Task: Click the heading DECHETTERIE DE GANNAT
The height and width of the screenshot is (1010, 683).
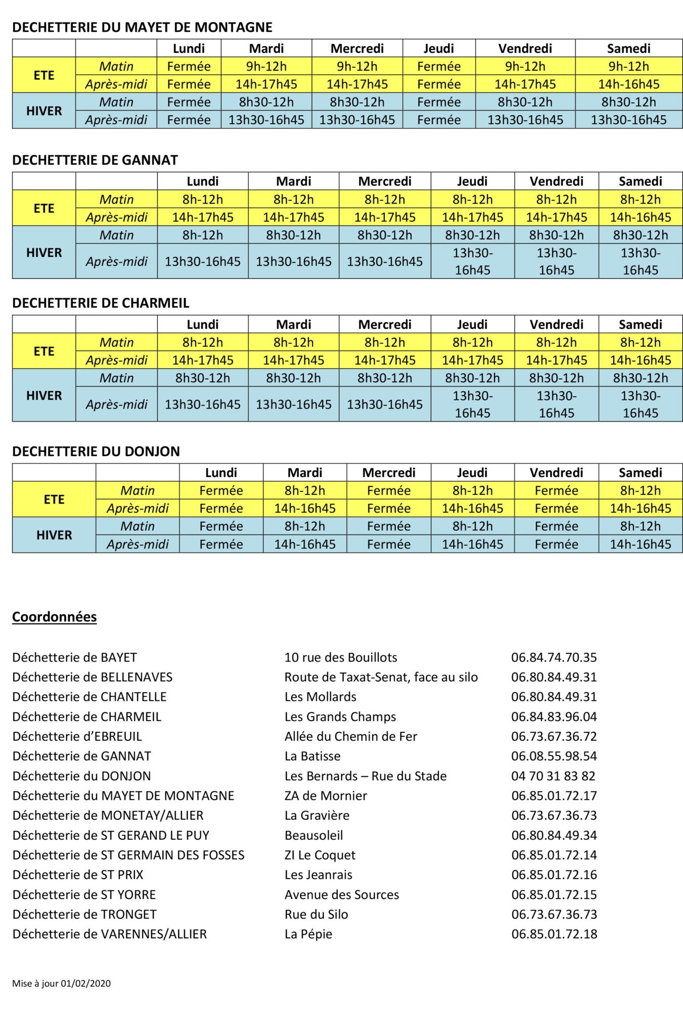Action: coord(95,161)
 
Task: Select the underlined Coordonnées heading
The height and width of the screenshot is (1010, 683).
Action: coord(55,617)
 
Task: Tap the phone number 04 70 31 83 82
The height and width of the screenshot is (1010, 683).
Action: coord(553,776)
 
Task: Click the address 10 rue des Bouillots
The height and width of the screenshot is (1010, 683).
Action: coord(341,658)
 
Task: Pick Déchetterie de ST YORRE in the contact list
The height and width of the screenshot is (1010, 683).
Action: coord(84,894)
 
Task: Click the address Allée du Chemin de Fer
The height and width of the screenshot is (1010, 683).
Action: coord(351,736)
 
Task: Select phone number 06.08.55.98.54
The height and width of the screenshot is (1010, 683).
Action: coord(554,756)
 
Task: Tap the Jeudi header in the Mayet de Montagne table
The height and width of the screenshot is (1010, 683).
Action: coord(439,48)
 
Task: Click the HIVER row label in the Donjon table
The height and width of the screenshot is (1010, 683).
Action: coord(54,535)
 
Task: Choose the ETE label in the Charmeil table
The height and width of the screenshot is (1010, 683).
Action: coord(44,351)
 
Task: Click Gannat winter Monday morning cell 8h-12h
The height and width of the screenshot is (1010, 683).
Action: coord(203,235)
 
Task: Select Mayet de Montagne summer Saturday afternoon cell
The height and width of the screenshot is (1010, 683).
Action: coord(628,84)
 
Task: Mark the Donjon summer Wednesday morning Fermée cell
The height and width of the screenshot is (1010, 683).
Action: coord(389,491)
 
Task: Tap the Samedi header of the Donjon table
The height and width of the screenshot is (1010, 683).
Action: coord(640,473)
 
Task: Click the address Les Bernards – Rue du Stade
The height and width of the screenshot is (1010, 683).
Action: coord(366,776)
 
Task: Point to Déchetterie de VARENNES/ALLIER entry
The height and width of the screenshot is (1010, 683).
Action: coord(110,934)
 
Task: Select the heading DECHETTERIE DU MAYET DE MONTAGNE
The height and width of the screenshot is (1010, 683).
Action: coord(142,27)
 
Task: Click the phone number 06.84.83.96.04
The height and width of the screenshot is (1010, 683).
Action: coord(554,717)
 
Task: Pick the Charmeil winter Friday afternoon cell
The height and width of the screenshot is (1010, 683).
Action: coord(556,405)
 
